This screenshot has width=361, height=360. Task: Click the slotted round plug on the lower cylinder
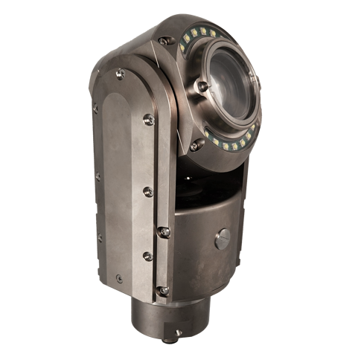tap(223, 239)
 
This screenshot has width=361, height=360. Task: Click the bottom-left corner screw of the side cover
tap(119, 279)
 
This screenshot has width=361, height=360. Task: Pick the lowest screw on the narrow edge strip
tap(163, 291)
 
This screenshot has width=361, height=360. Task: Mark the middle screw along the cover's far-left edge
tap(98, 177)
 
